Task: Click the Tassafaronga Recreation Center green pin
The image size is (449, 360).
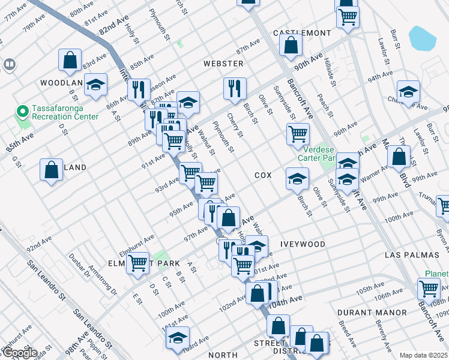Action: [x=23, y=112]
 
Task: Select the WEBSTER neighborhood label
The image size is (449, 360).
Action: [x=223, y=64]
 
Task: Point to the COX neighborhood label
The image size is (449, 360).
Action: [x=263, y=175]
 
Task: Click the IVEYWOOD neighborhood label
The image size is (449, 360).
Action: [x=302, y=244]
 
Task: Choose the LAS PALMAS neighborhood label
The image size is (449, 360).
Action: [x=408, y=256]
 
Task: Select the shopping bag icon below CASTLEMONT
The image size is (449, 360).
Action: [x=291, y=44]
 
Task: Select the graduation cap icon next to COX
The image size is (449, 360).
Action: [x=297, y=178]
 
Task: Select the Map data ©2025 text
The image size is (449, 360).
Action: [x=423, y=355]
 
